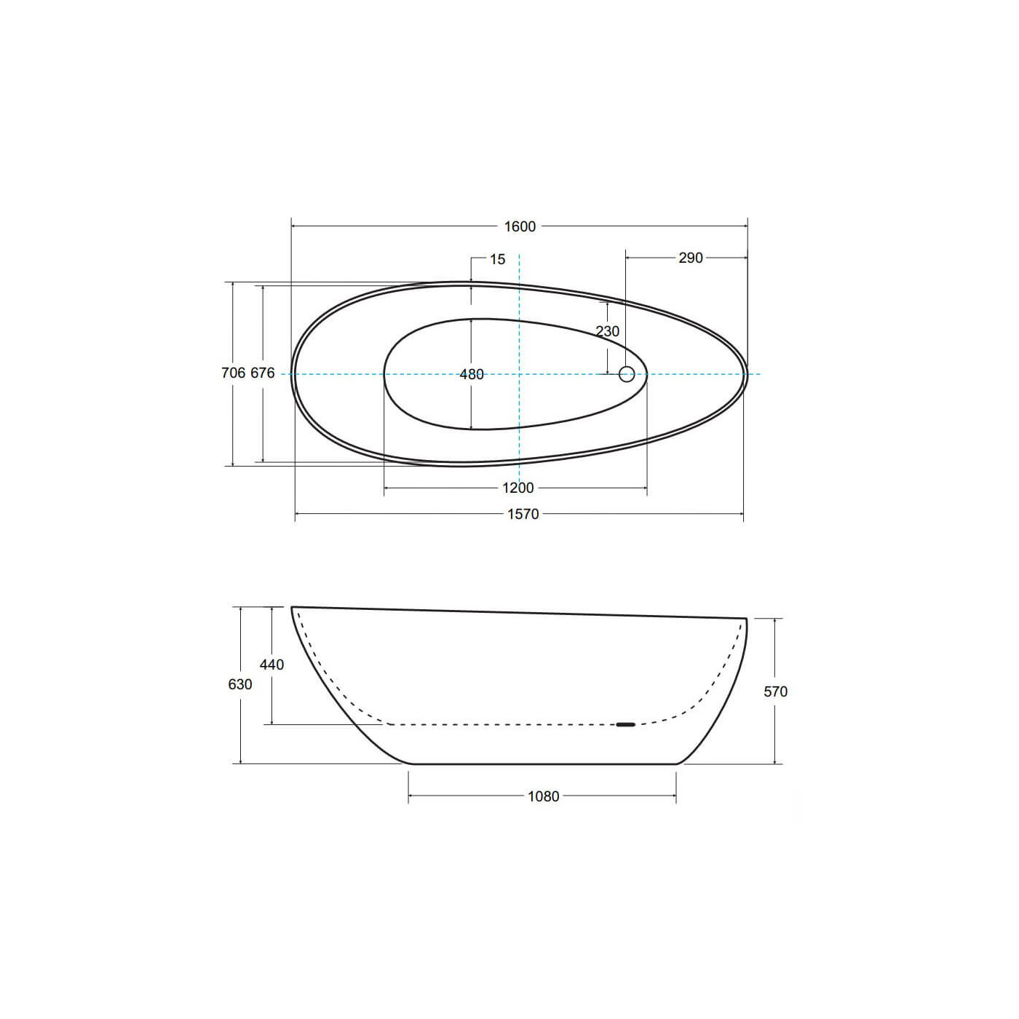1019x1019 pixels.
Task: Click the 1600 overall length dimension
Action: tap(520, 226)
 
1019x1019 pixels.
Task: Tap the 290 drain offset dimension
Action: tap(691, 258)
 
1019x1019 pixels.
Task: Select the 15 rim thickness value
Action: tap(498, 259)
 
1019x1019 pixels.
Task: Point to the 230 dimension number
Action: tap(607, 331)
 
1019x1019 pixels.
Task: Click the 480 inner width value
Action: tap(472, 374)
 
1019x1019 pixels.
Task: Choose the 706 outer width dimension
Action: tap(233, 373)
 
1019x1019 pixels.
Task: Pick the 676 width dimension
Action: tap(262, 373)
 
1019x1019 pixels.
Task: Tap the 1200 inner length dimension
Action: tap(518, 488)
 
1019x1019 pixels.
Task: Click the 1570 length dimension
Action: tap(523, 513)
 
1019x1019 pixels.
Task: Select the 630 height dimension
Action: tap(240, 684)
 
